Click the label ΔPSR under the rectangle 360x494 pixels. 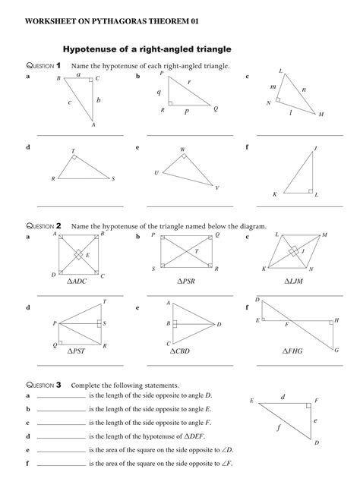(x=187, y=282)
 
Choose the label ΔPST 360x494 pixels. (x=77, y=352)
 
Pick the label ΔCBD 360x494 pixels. (x=181, y=352)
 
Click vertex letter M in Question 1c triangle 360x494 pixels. (x=321, y=115)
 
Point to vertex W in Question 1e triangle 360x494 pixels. (x=183, y=149)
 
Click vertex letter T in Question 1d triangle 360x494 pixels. (x=73, y=151)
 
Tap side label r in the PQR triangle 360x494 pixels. (x=189, y=81)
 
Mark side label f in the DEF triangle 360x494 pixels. (x=279, y=428)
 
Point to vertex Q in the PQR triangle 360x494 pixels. (x=216, y=109)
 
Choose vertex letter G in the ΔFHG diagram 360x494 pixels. (x=336, y=351)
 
